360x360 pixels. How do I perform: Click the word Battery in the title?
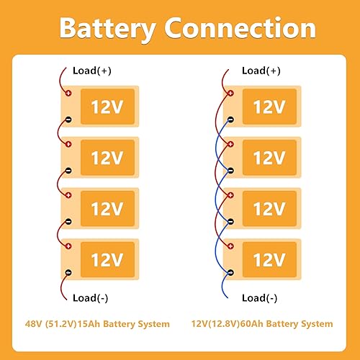108,28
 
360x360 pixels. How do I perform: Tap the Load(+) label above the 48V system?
91,71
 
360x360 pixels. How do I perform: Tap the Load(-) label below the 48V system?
91,297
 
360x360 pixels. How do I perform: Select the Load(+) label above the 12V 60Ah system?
261,71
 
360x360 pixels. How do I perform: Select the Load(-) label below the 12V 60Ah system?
260,297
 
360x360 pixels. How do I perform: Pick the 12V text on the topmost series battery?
107,107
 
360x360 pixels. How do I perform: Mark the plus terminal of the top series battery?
68,94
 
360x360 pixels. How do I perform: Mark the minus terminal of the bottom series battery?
68,272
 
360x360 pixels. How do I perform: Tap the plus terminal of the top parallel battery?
230,94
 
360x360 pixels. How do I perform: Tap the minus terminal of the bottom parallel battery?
230,272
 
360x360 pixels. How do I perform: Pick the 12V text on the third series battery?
107,209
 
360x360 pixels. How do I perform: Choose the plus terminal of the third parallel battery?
230,196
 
